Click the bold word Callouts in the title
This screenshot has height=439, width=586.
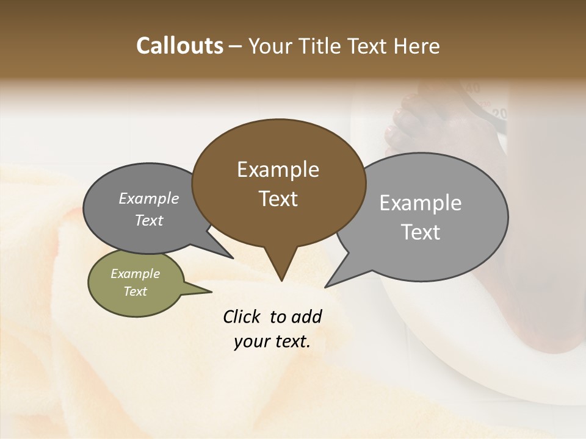(x=179, y=46)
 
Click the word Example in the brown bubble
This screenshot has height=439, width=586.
(x=278, y=170)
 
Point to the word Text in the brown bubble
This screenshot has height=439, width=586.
(x=278, y=199)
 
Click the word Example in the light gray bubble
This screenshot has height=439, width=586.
(x=421, y=203)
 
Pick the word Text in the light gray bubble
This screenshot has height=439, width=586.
(x=421, y=232)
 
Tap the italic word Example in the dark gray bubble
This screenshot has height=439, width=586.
(x=148, y=199)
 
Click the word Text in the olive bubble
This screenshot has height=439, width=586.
(x=135, y=291)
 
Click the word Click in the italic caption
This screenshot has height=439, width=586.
(x=242, y=316)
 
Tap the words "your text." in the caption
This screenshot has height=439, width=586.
(x=272, y=341)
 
